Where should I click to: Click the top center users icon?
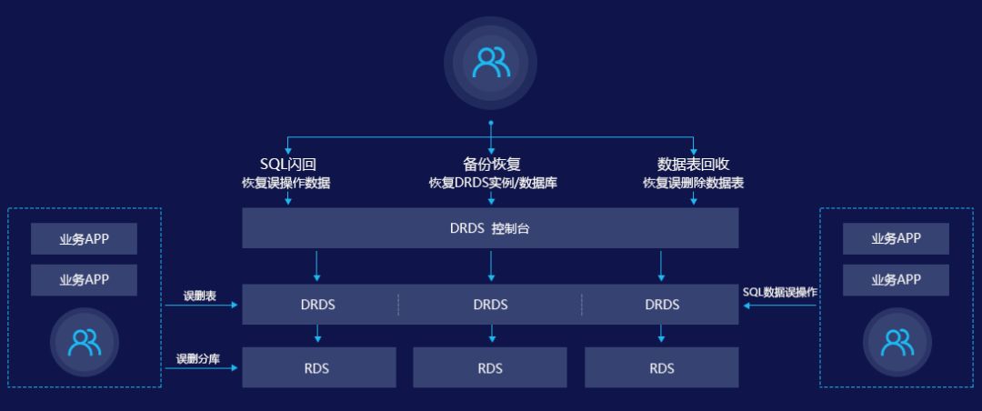pos(490,62)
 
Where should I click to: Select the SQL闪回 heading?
pos(287,165)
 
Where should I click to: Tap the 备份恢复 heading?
pos(491,165)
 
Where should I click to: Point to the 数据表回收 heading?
pos(693,165)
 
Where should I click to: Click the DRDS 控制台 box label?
pos(490,228)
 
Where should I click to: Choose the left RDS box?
pos(317,368)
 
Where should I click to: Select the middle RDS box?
pos(490,368)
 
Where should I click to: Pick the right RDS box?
pos(662,368)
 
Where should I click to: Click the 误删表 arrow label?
pos(199,296)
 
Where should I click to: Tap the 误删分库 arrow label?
pos(198,358)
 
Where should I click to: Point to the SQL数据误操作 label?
pos(779,293)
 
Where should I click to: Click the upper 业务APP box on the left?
pos(85,239)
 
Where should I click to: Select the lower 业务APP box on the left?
pos(85,280)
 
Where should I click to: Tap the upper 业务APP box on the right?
pos(896,239)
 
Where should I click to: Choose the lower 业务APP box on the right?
pos(896,280)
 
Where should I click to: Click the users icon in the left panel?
pos(85,341)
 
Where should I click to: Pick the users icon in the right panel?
pos(897,341)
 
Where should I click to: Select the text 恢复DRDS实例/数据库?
pos(492,183)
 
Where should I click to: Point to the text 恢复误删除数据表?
pos(693,183)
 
